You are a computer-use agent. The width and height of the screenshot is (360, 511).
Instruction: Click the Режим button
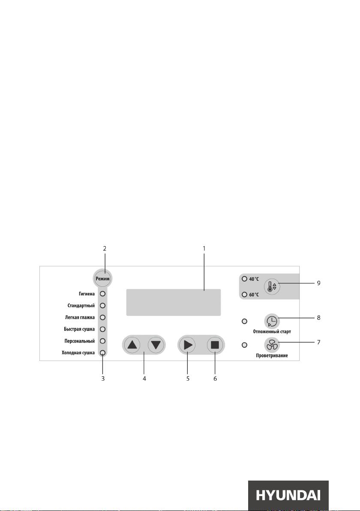(102, 279)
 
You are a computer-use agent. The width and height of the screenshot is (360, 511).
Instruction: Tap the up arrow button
(132, 345)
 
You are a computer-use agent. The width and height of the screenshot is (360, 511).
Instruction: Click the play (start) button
(187, 345)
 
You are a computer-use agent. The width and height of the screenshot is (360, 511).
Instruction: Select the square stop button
(215, 345)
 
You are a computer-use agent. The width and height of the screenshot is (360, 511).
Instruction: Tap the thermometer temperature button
(272, 287)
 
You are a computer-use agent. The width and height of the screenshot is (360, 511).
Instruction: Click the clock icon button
(272, 322)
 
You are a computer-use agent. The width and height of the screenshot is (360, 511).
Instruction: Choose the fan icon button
(271, 345)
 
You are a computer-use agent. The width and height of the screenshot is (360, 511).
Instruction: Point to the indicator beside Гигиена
(102, 294)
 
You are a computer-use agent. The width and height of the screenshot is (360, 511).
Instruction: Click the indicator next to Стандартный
(102, 305)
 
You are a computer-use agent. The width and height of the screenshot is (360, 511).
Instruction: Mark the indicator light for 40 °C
(244, 279)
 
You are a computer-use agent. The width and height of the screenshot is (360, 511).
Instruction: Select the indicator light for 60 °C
(244, 295)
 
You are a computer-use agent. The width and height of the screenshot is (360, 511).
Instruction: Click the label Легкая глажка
(80, 317)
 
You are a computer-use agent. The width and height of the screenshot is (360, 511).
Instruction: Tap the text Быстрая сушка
(79, 329)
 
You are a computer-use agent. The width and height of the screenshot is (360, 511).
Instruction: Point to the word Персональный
(79, 341)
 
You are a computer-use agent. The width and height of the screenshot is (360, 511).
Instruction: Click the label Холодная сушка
(78, 353)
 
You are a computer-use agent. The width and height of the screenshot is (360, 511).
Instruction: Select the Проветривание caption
(272, 355)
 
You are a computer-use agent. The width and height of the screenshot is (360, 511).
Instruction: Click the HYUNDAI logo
(288, 496)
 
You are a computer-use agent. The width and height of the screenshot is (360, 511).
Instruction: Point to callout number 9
(318, 283)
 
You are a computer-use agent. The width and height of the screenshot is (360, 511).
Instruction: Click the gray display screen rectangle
(173, 302)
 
